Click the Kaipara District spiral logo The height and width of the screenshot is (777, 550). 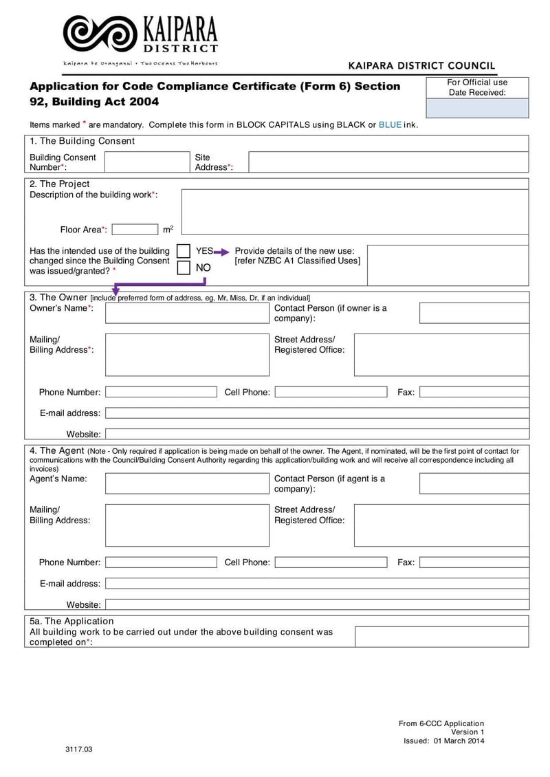(100, 34)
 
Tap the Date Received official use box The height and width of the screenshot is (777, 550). (478, 108)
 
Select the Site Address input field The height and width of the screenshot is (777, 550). (388, 162)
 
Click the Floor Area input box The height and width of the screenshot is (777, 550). (135, 230)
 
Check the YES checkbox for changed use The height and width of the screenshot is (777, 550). (184, 251)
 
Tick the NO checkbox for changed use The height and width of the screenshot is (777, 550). (184, 267)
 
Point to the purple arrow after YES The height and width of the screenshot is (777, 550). (221, 252)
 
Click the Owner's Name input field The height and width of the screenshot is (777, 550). (187, 313)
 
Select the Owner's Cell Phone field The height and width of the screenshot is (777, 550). (331, 392)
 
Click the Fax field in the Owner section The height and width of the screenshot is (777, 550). (474, 392)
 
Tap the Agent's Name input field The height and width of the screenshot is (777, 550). (187, 483)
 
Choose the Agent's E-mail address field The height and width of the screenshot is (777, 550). (317, 583)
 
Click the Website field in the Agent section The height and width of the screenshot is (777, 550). (317, 604)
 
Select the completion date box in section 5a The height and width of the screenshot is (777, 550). (441, 637)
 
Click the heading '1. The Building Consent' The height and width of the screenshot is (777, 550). (82, 141)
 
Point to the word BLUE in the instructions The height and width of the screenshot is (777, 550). (390, 125)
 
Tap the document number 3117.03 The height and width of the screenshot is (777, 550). (78, 749)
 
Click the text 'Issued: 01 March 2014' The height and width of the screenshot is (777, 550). (443, 741)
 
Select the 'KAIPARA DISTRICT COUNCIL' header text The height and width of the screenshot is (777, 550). (421, 66)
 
